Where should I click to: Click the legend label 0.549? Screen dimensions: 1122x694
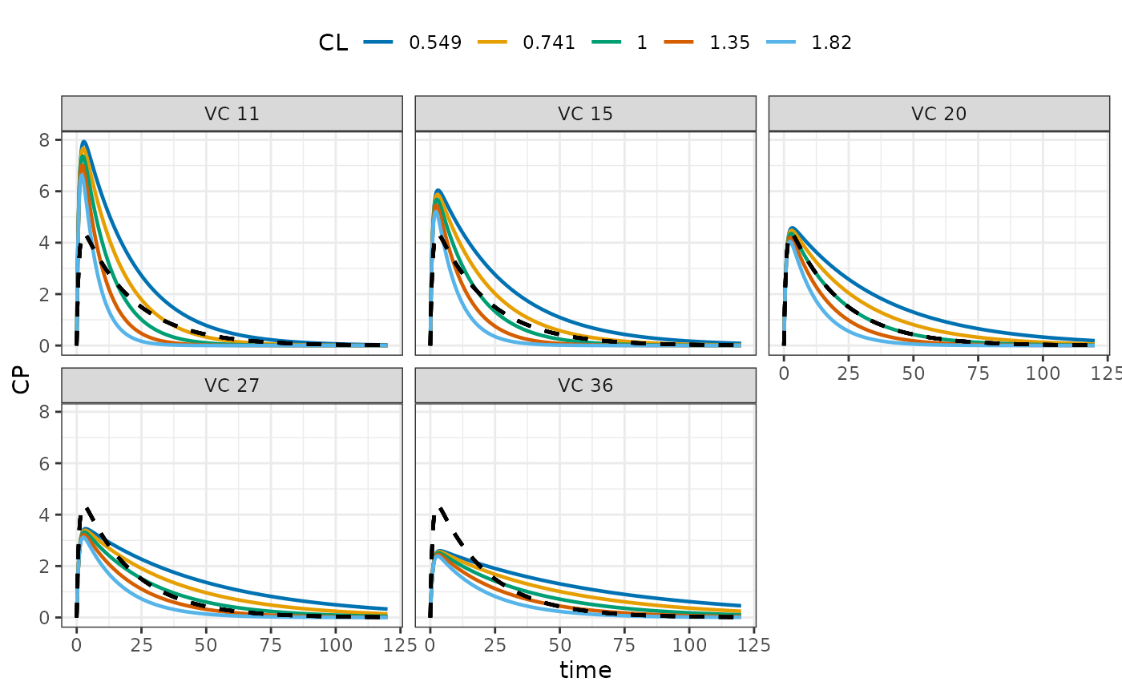434,42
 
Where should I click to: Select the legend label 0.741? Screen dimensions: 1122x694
548,42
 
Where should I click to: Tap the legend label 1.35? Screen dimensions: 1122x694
729,42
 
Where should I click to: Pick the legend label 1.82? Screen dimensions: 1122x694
832,42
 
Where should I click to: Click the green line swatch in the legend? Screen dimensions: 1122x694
606,42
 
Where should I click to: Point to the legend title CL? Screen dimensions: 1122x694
333,42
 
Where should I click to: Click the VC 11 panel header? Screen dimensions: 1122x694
232,114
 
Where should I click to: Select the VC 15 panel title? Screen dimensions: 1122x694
585,114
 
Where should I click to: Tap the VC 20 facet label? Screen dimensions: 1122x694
938,114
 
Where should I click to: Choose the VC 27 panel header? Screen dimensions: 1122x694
232,385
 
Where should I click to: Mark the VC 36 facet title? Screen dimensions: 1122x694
585,385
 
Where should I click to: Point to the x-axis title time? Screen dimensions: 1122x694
585,670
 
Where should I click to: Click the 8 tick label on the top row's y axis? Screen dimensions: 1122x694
45,140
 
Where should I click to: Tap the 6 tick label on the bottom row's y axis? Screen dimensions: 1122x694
45,464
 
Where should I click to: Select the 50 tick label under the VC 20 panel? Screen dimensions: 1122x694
913,373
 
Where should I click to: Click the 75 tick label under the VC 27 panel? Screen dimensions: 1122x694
271,645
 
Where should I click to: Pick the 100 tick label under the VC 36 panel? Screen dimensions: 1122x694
688,645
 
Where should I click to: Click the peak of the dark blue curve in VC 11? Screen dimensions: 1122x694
83,142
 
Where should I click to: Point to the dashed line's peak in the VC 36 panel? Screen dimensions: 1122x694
441,508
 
